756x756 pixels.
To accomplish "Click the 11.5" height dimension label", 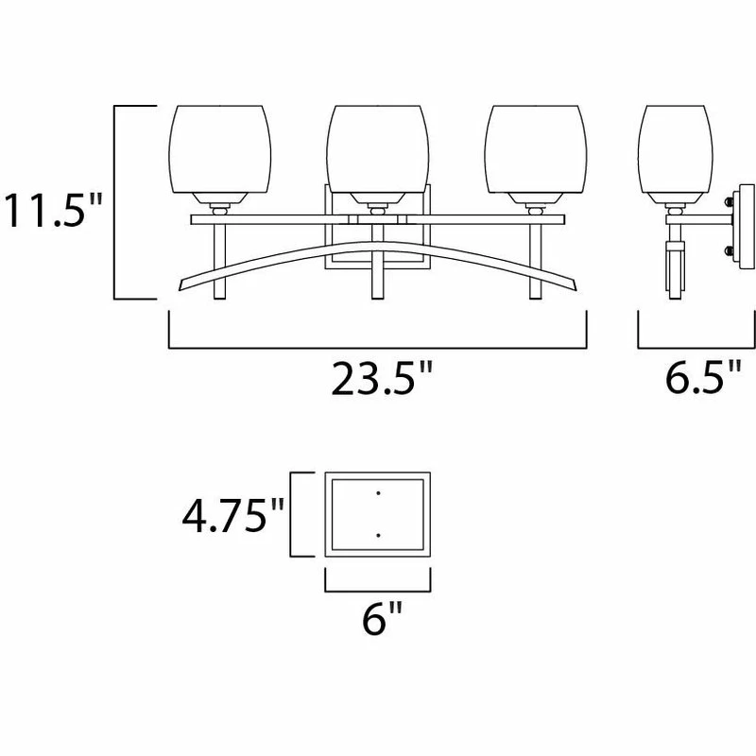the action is (53, 210).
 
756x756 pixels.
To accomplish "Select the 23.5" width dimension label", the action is (382, 379).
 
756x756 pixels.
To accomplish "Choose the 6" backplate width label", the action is (382, 618).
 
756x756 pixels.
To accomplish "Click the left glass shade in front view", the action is (220, 149).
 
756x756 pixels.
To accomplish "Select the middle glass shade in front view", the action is (377, 149).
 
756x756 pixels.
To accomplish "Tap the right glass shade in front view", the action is (536, 149).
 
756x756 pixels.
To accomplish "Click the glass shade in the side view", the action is (675, 149).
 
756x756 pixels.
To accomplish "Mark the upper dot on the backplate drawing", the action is (379, 492).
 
